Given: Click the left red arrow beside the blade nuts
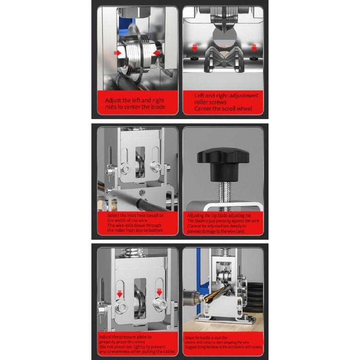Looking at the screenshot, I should pyautogui.click(x=117, y=52).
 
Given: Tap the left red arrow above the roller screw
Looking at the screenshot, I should pyautogui.click(x=194, y=47).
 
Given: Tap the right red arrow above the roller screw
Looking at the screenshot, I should pyautogui.click(x=253, y=47).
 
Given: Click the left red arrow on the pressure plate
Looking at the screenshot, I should pyautogui.click(x=120, y=292).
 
